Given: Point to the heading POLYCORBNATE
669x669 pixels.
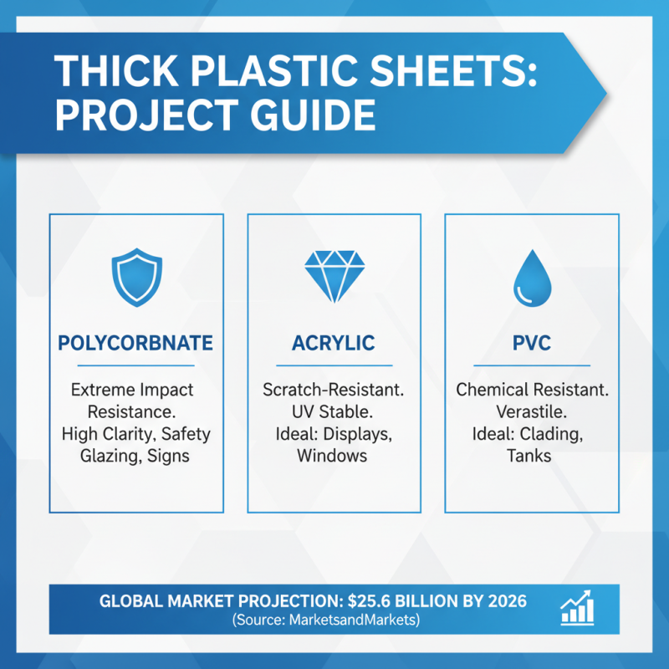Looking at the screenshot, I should [136, 343].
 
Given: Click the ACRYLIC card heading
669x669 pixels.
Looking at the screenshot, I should [334, 343].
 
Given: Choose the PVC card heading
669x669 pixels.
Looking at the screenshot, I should [531, 343].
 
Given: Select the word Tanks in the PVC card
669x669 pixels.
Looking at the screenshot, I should [531, 456].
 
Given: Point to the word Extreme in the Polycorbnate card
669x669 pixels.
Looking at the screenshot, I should [104, 391].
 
